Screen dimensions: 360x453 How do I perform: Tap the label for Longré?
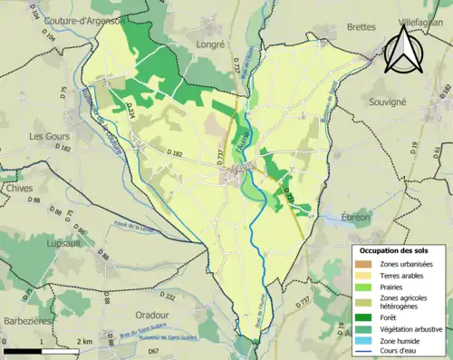(x=212, y=42)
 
